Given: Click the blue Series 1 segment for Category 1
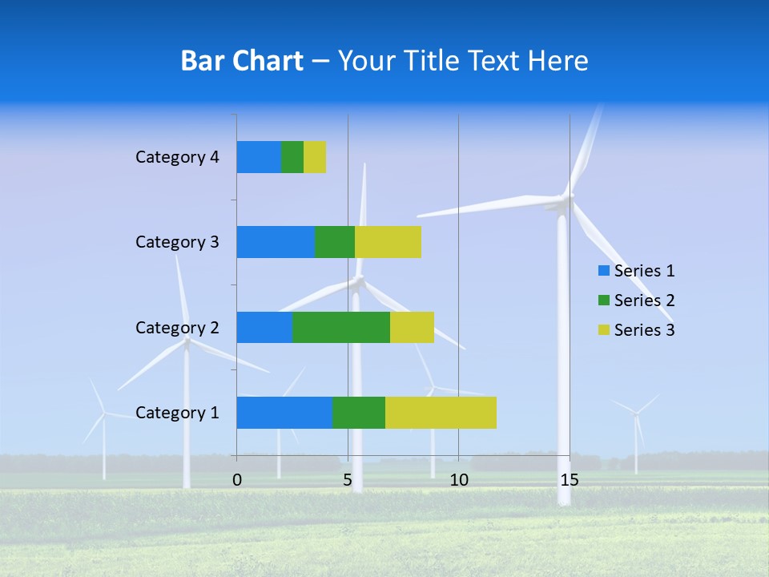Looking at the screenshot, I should coord(284,413).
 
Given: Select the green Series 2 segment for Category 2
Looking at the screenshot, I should coord(341,327).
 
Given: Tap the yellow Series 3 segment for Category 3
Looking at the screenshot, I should coord(388,242).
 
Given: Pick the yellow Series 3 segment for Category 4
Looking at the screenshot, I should coord(315,157).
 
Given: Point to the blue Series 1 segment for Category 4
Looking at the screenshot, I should coord(259,157).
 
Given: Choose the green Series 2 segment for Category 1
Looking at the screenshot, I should coord(359,413).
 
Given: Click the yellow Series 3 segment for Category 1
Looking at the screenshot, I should coord(441,413).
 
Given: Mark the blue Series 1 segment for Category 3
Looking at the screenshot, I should coord(276,242).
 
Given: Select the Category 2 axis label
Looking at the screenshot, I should coord(177,327).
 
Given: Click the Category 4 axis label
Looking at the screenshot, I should coord(177,157).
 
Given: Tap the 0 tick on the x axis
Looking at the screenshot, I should coord(237,480).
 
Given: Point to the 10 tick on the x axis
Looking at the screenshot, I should coord(458,480).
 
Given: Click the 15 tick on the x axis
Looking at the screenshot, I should coord(570,480).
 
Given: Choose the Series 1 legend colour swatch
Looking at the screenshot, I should coord(603,271).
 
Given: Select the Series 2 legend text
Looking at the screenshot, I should coord(644,301).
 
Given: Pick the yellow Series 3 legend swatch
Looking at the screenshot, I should coord(603,330).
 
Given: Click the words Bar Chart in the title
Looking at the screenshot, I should coord(242,61).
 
